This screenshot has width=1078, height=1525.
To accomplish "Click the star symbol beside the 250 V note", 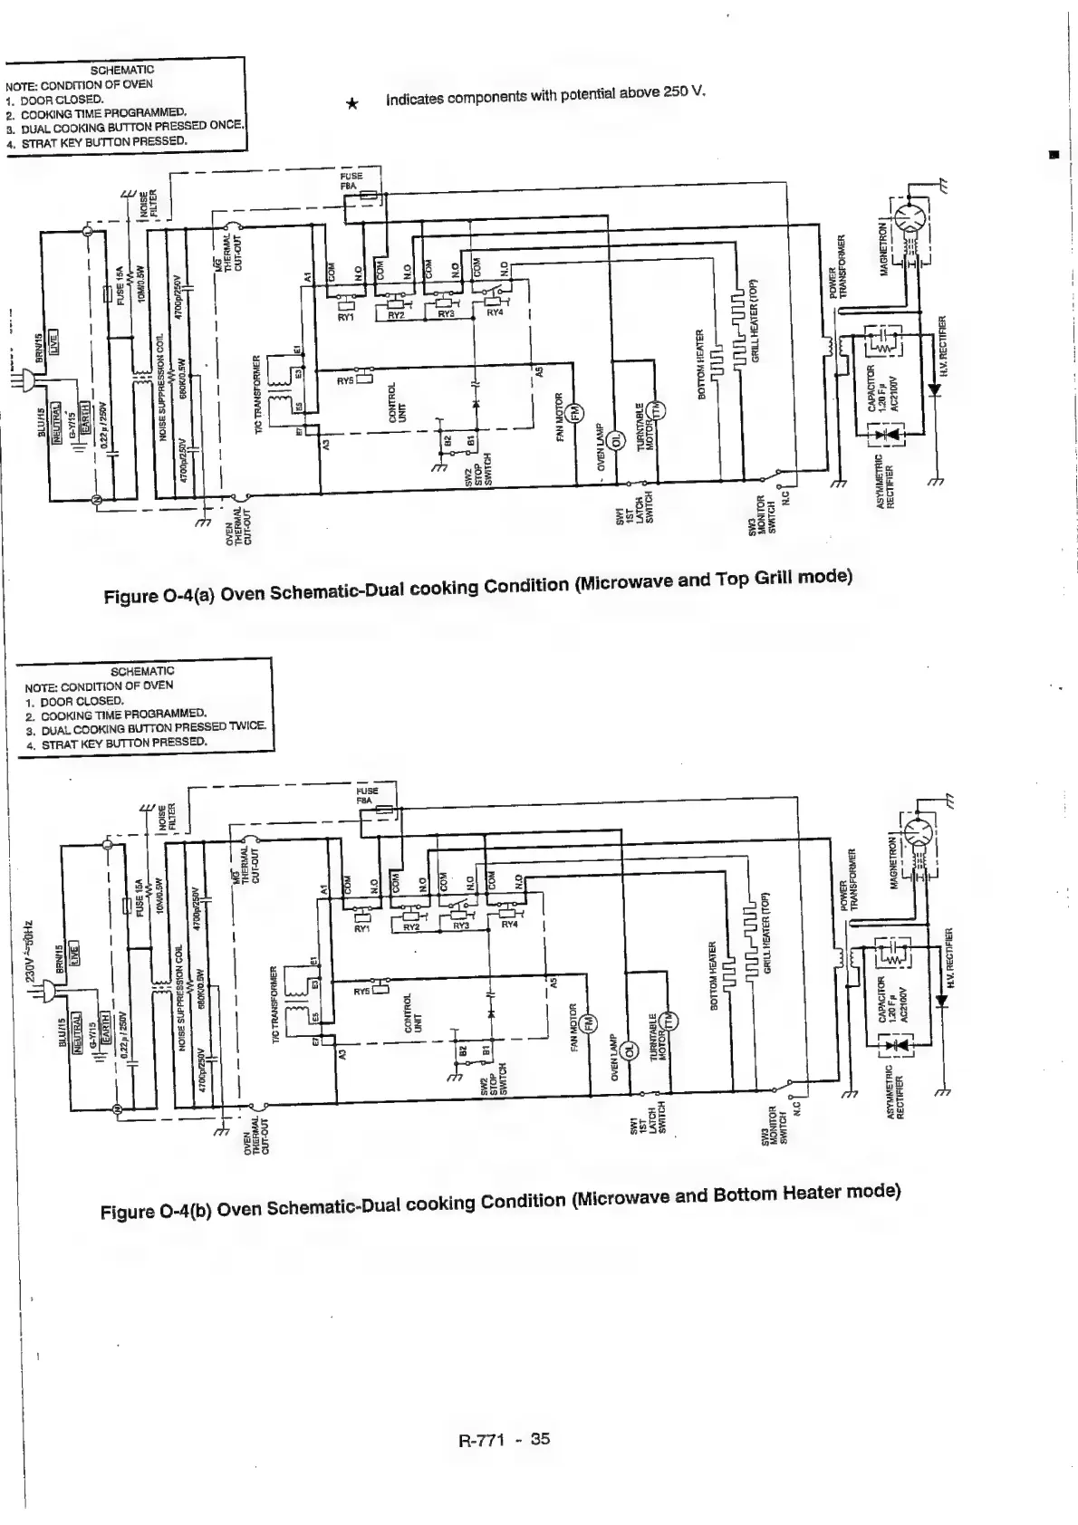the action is click(353, 104).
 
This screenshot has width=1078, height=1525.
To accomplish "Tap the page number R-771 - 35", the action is click(505, 1439).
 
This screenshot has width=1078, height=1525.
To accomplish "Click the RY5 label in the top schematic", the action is click(346, 381).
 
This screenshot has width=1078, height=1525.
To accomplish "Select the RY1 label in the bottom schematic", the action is click(362, 928).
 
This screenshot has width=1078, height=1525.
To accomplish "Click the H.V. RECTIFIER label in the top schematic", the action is click(943, 346).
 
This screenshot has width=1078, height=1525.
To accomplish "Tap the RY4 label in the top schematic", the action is click(495, 312).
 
